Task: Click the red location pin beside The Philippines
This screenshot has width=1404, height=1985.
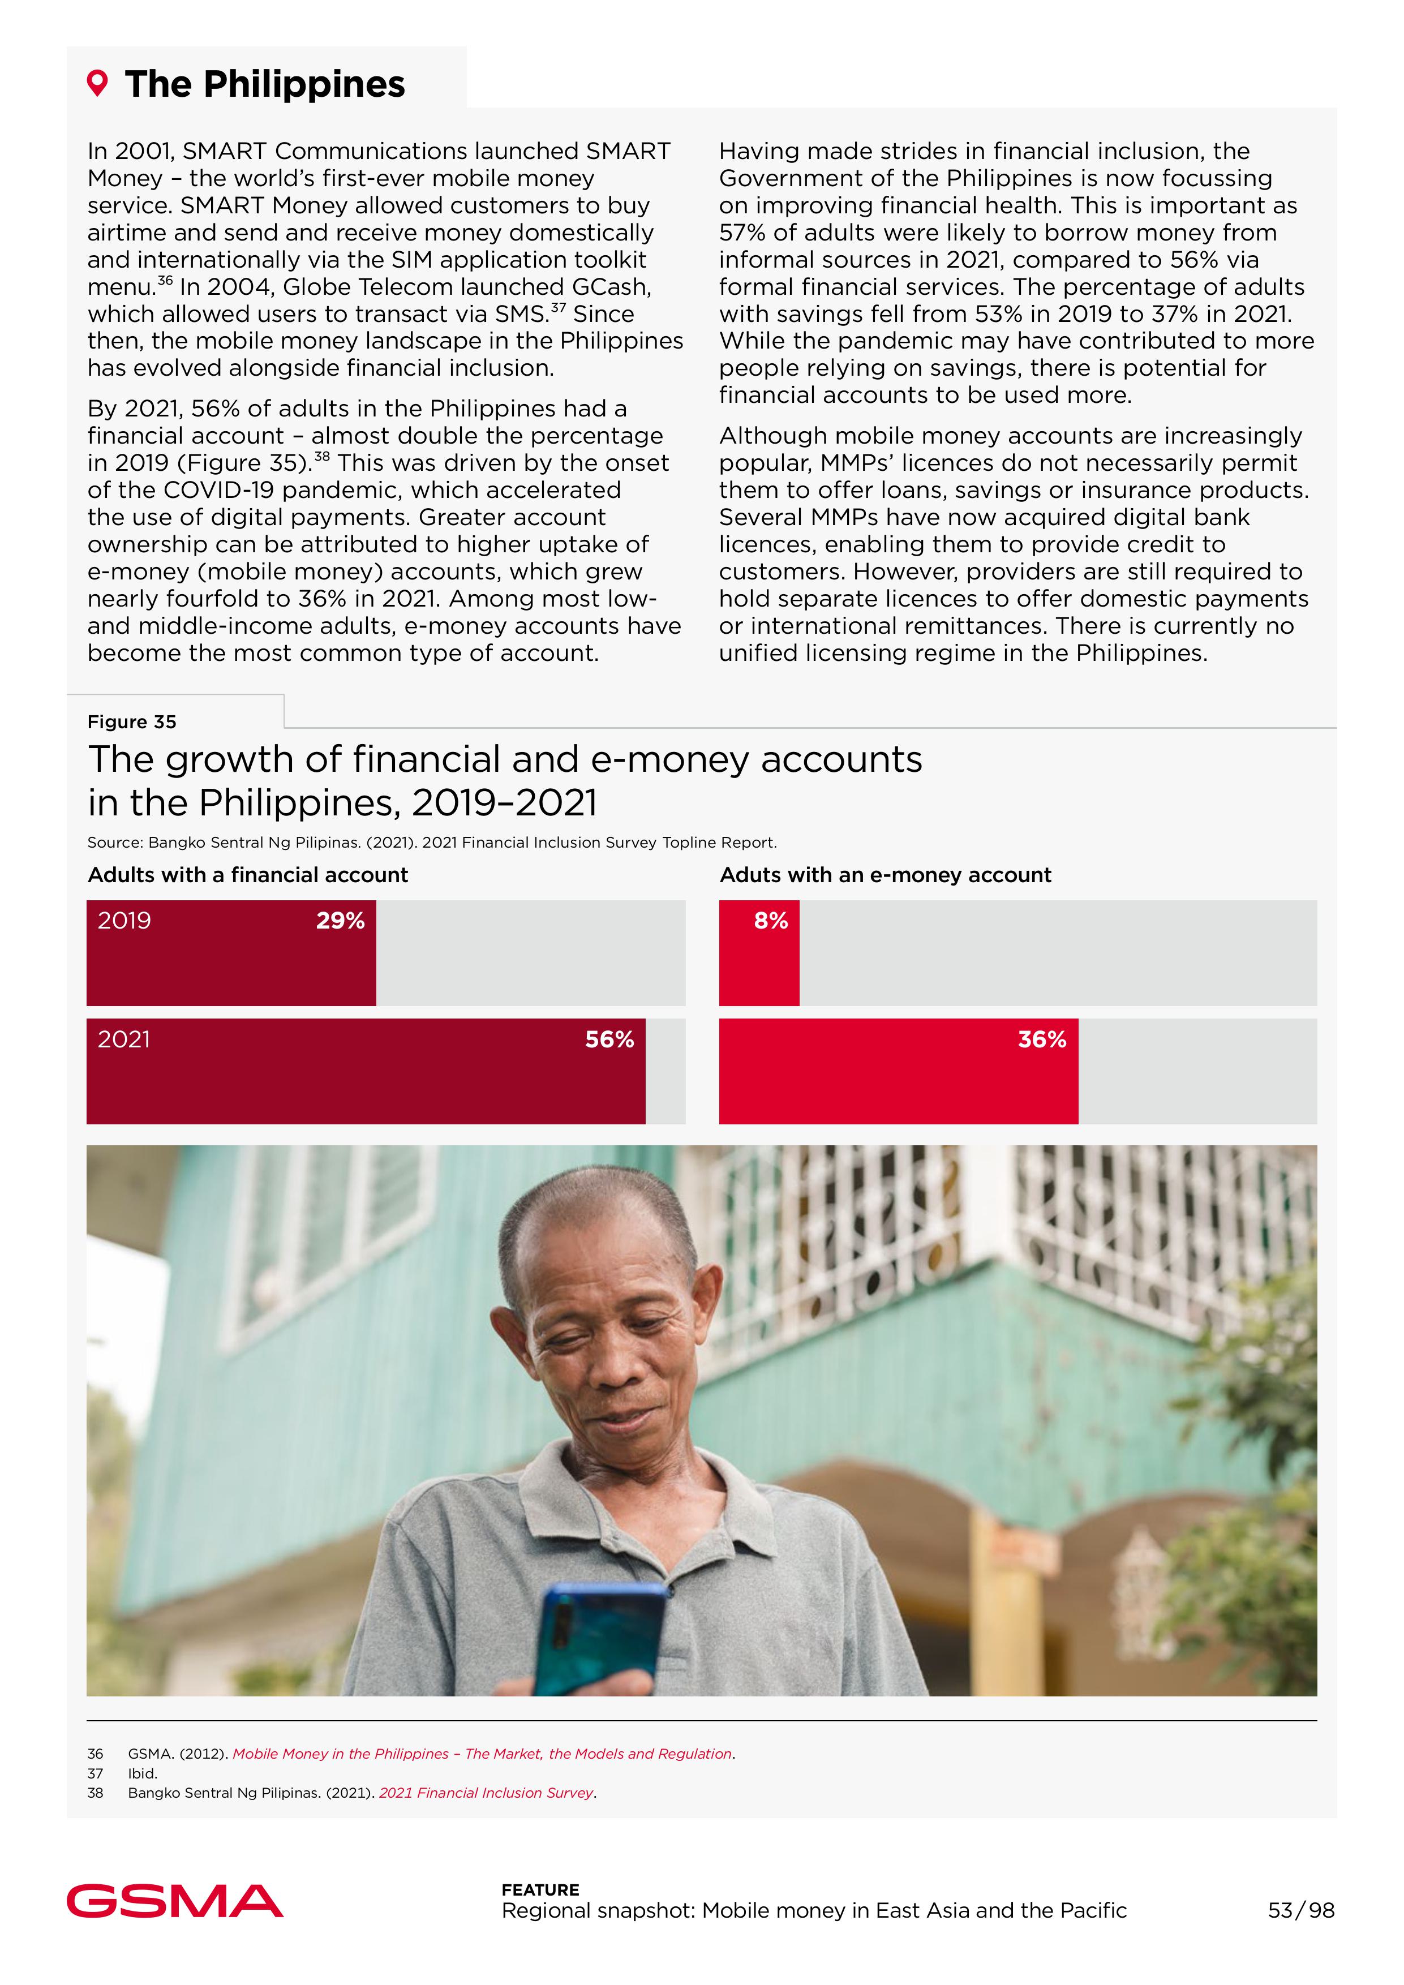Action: click(x=98, y=84)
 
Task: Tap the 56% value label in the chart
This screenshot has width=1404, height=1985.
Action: click(x=609, y=1039)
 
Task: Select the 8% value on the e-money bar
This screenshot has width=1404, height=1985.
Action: click(x=770, y=921)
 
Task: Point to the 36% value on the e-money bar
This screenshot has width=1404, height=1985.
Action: click(x=1042, y=1039)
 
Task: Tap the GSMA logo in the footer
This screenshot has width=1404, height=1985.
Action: click(x=175, y=1901)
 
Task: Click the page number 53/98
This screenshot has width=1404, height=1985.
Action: click(x=1300, y=1911)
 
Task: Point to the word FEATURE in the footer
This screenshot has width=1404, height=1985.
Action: click(x=540, y=1890)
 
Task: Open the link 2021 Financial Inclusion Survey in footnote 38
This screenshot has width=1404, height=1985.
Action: click(x=486, y=1793)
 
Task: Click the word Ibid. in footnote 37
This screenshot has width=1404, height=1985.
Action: click(x=143, y=1773)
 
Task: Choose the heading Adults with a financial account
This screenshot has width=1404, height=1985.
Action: click(x=247, y=875)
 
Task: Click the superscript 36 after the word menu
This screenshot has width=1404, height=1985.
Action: click(x=165, y=280)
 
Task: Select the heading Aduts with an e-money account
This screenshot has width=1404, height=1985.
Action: click(x=885, y=875)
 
